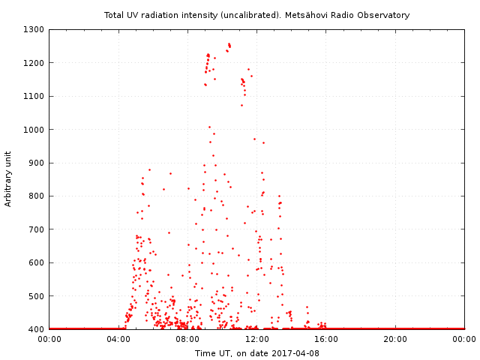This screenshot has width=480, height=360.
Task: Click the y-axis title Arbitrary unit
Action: tap(8, 179)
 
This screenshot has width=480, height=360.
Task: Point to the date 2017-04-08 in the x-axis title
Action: tap(296, 353)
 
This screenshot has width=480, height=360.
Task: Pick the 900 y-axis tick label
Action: tap(37, 163)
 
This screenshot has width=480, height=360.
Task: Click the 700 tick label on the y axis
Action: tap(37, 229)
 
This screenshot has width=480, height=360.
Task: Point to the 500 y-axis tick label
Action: tap(37, 296)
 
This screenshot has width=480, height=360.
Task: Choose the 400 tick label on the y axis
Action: tap(37, 329)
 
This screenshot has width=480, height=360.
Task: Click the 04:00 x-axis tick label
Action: tap(118, 339)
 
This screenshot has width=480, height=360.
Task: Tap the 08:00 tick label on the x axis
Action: tap(187, 339)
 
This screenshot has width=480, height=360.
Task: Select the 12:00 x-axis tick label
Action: tap(256, 339)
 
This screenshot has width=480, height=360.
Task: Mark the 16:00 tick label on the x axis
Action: tap(326, 339)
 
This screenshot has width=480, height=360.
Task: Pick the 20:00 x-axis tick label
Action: tap(395, 339)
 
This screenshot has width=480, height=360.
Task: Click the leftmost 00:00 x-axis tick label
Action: tap(49, 339)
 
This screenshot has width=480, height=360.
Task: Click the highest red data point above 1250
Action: tap(229, 43)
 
